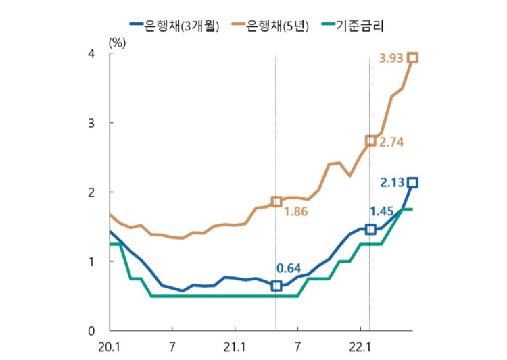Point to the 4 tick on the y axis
tap(98, 53)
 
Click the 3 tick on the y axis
tap(98, 123)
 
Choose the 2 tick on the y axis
tap(98, 192)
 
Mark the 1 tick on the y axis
tap(98, 261)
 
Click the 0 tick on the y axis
tap(98, 331)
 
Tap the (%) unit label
tap(116, 41)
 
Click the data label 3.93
tap(391, 58)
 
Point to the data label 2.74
tap(391, 143)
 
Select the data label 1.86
tap(296, 213)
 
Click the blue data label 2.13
tap(393, 182)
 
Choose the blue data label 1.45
tap(383, 211)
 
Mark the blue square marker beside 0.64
tap(276, 286)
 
